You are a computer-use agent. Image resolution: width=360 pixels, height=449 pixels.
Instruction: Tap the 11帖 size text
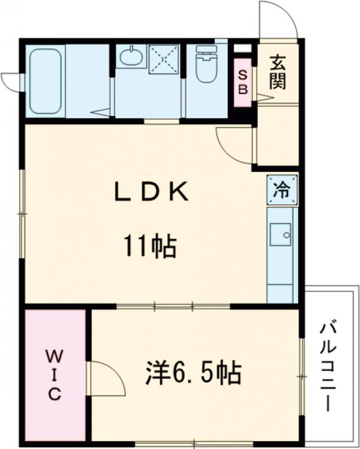pos(150,246)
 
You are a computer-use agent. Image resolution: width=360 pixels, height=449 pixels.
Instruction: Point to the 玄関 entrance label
pos(277,71)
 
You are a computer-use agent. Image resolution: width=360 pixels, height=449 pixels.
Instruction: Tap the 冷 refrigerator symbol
pos(281,191)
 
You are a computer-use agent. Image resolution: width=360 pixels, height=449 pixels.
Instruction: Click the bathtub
pos(46,80)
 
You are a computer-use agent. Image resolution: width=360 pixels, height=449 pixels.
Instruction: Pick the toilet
pos(206,67)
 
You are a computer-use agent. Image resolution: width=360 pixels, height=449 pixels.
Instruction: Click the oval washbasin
pos(131,58)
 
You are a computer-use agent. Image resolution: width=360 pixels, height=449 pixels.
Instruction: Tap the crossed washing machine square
pos(164,59)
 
